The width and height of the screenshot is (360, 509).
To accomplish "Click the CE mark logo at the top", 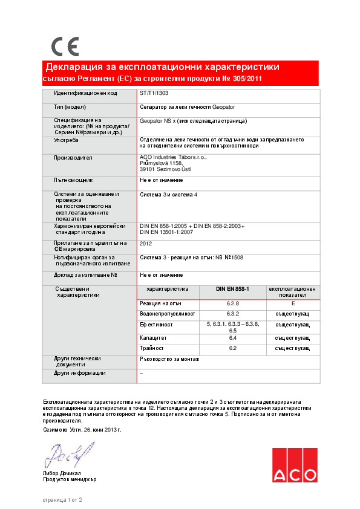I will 65,47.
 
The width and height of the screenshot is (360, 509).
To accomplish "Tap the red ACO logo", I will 294,466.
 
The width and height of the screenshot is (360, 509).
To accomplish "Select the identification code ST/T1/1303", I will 151,94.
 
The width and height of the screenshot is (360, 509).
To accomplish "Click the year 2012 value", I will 146,244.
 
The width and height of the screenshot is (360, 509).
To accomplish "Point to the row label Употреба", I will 67,140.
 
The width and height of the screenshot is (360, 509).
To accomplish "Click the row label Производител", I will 73,157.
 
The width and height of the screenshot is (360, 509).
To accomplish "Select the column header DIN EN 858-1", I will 233,290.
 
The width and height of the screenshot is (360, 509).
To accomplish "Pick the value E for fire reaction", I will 293,303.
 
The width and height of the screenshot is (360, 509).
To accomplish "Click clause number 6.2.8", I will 233,303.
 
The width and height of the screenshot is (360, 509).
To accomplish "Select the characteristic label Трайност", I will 152,348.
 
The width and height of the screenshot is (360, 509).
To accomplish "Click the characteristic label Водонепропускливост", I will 168,314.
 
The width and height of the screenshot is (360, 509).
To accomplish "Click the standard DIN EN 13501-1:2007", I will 166,232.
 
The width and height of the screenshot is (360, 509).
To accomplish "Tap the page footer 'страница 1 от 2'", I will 62,500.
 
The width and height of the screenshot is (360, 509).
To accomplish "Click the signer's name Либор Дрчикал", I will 62,473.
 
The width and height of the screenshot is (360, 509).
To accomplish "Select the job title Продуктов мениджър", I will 69,479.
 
